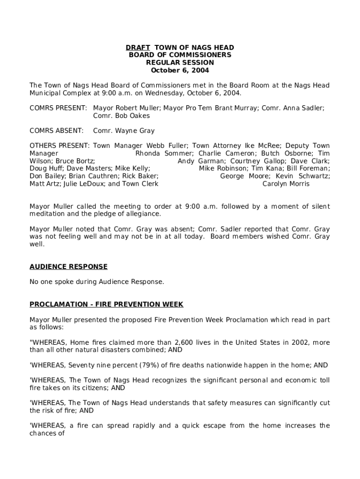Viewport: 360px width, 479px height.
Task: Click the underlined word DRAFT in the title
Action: [x=137, y=48]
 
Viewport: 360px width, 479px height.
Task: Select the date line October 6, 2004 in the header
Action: [x=180, y=71]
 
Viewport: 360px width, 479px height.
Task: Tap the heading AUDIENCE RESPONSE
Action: [x=68, y=267]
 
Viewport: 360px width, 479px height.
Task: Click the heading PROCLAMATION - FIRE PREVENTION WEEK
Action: [x=106, y=305]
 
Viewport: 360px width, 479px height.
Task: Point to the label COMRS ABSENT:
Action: [x=57, y=131]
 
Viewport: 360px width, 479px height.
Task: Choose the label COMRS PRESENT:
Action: [x=58, y=108]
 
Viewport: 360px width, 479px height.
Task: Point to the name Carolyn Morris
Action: [x=286, y=184]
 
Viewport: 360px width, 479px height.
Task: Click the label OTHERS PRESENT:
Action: [x=60, y=146]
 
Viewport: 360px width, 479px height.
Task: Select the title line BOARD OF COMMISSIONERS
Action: [x=180, y=55]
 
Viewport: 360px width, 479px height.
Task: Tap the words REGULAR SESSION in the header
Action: [x=180, y=63]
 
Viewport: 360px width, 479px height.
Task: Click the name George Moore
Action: [x=245, y=176]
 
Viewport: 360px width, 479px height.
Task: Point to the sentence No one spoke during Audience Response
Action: [x=97, y=282]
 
